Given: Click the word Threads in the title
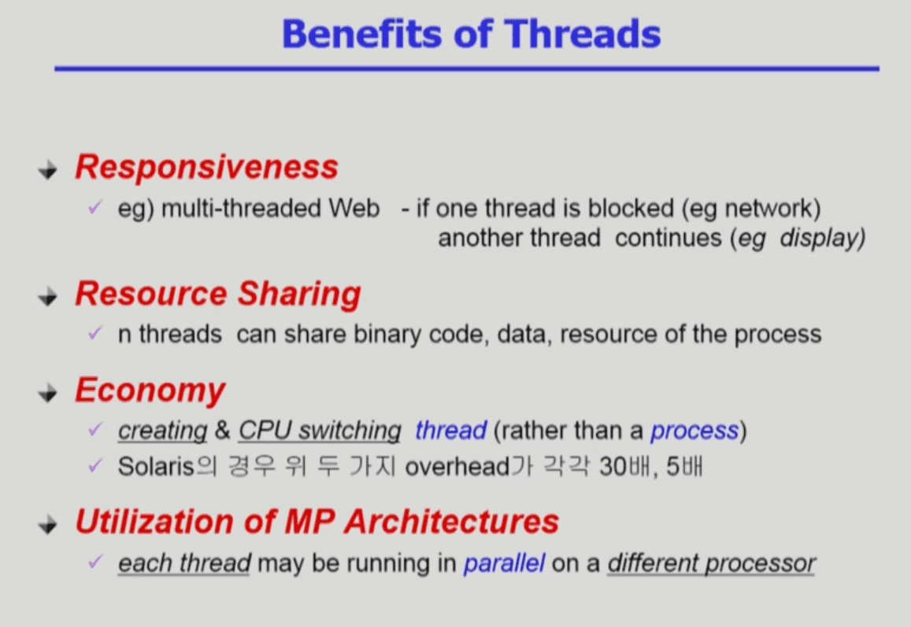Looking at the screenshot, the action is [582, 34].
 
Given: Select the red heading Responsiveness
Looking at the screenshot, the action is [207, 167].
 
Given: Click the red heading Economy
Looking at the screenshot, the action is [150, 391].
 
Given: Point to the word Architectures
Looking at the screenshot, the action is [451, 521].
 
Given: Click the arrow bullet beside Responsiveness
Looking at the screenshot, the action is [48, 169].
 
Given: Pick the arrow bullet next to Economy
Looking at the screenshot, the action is [48, 393].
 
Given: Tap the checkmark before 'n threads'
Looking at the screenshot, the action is [95, 333].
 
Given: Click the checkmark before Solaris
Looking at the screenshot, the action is [95, 465].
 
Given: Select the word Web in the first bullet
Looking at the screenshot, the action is [354, 208].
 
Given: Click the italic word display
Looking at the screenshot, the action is [822, 239].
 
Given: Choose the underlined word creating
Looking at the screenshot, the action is [163, 431].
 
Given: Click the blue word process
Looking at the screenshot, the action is [694, 431].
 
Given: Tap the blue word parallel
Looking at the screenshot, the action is [504, 564].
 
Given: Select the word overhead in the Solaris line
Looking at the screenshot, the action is [457, 466].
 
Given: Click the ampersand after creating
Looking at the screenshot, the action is [223, 431].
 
